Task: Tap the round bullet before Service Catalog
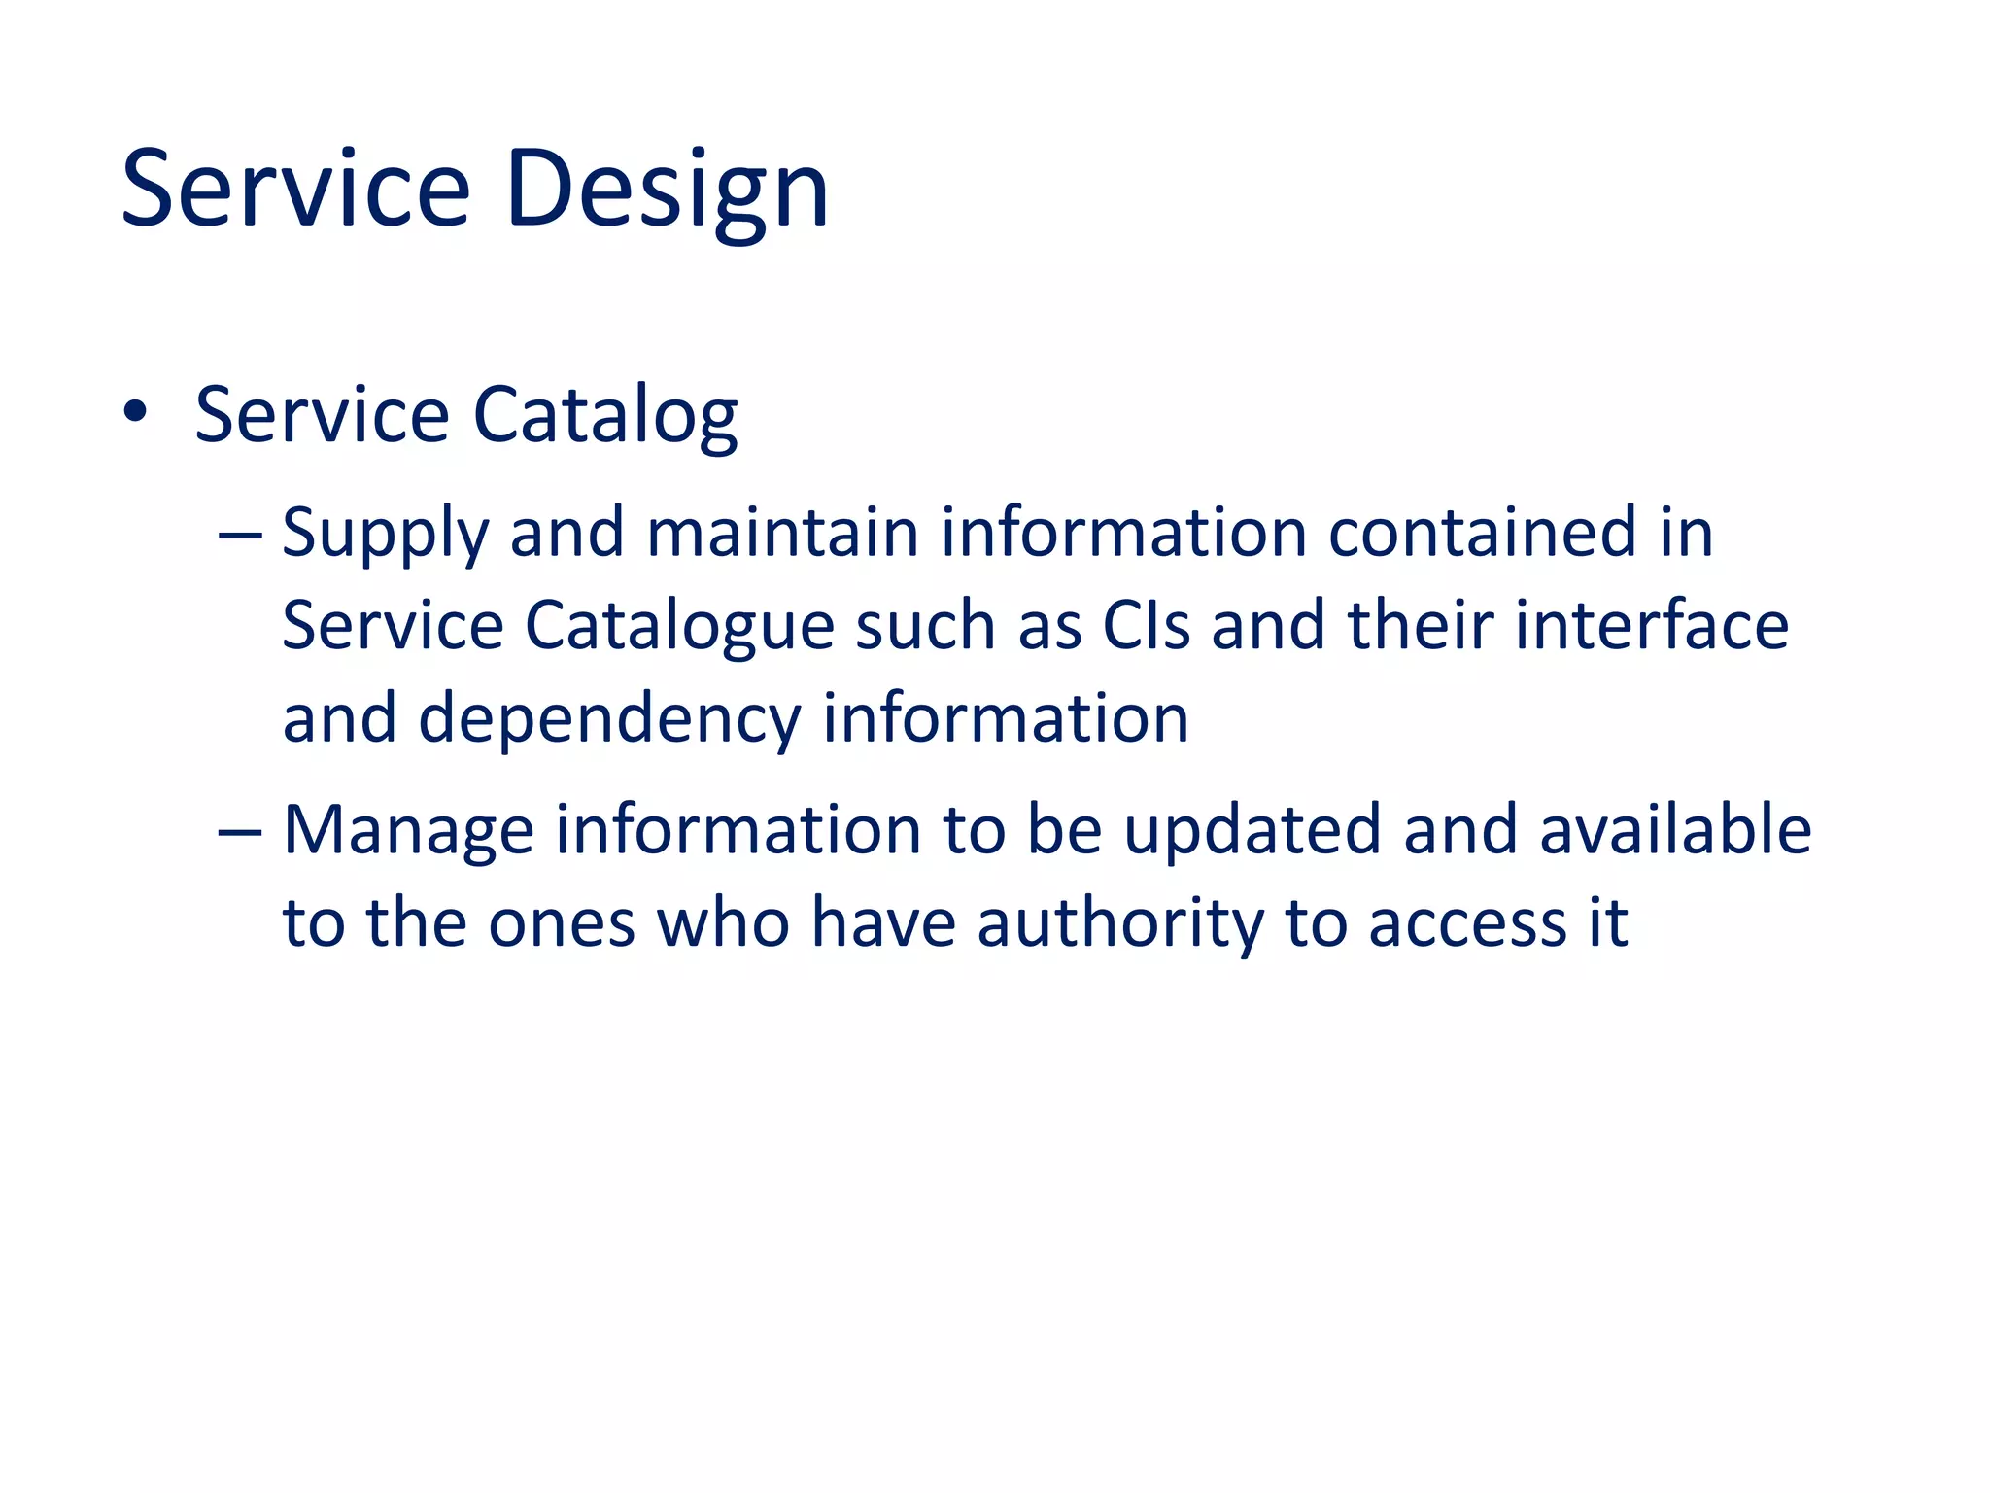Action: (135, 412)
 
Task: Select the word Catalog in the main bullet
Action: (604, 416)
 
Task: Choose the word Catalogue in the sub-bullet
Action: (678, 626)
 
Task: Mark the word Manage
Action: (408, 832)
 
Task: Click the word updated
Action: (1252, 830)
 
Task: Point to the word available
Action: (1675, 830)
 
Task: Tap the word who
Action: (723, 923)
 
